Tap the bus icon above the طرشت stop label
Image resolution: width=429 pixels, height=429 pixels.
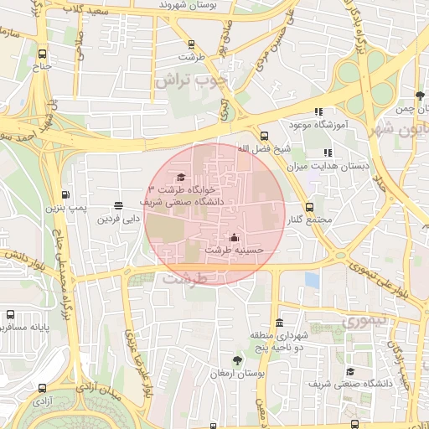pyautogui.click(x=191, y=44)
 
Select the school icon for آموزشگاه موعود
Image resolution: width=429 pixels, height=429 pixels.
pyautogui.click(x=318, y=111)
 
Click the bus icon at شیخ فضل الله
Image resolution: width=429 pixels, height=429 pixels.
pyautogui.click(x=265, y=136)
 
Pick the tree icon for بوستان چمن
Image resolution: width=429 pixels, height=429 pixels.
pyautogui.click(x=419, y=96)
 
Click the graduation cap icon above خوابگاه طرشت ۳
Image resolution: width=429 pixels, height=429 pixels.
pyautogui.click(x=181, y=177)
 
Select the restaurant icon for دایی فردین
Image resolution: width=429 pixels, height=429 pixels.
pyautogui.click(x=117, y=205)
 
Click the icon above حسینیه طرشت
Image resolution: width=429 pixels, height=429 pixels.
pyautogui.click(x=233, y=236)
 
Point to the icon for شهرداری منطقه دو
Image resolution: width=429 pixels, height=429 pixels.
pyautogui.click(x=278, y=323)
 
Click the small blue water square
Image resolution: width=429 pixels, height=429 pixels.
pyautogui.click(x=312, y=279)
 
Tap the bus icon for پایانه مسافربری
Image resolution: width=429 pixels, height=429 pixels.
pyautogui.click(x=9, y=315)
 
